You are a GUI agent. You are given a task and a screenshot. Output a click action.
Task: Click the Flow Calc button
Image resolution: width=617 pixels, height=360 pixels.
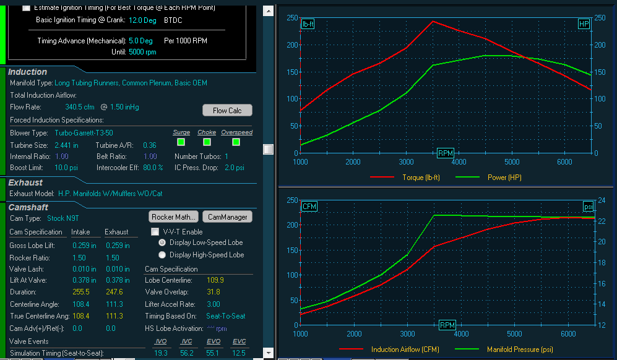[x=227, y=111]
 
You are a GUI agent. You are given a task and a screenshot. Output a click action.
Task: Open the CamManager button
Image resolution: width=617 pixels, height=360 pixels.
[x=227, y=217]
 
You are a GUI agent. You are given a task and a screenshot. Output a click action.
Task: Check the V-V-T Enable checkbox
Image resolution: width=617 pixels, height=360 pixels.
[x=155, y=232]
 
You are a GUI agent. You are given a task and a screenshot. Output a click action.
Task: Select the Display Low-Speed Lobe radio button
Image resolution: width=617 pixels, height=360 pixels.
[x=163, y=242]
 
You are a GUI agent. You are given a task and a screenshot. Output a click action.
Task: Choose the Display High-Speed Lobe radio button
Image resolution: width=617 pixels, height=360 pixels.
[x=163, y=255]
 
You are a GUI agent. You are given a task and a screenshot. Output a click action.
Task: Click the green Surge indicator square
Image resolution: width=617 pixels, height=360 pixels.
[x=181, y=142]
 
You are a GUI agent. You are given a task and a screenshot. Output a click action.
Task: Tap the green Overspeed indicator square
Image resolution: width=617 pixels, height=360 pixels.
[x=236, y=142]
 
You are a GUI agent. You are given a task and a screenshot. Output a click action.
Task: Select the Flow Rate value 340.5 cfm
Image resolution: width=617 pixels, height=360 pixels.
[x=80, y=107]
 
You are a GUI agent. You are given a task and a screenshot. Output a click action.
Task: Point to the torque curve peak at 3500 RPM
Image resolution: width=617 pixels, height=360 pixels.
[x=433, y=21]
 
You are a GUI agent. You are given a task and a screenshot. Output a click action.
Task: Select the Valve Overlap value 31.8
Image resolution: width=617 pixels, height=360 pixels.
[x=212, y=292]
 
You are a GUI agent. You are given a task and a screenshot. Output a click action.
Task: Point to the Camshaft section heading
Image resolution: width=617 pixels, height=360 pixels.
[x=28, y=207]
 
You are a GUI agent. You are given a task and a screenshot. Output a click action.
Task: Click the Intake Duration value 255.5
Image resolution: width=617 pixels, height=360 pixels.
[x=81, y=292]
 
